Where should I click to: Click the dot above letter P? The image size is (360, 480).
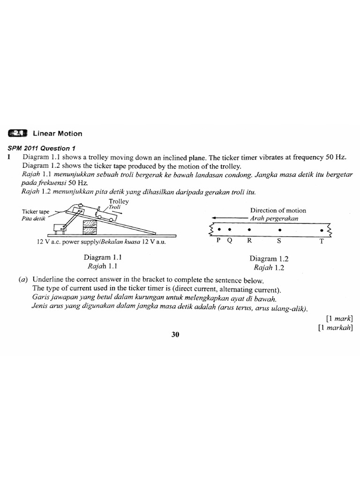(x=219, y=230)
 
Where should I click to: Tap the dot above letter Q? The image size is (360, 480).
(x=229, y=230)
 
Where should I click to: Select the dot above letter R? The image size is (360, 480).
(x=249, y=230)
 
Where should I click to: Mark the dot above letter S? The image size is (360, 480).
(x=280, y=230)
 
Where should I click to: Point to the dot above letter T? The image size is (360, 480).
(x=322, y=230)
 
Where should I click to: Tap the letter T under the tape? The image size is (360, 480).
(x=322, y=241)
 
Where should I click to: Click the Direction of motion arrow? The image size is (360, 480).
(x=229, y=218)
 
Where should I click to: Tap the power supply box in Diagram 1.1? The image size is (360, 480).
(x=60, y=228)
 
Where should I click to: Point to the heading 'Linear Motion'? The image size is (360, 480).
(x=57, y=133)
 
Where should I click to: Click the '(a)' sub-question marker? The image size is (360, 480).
(x=23, y=280)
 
